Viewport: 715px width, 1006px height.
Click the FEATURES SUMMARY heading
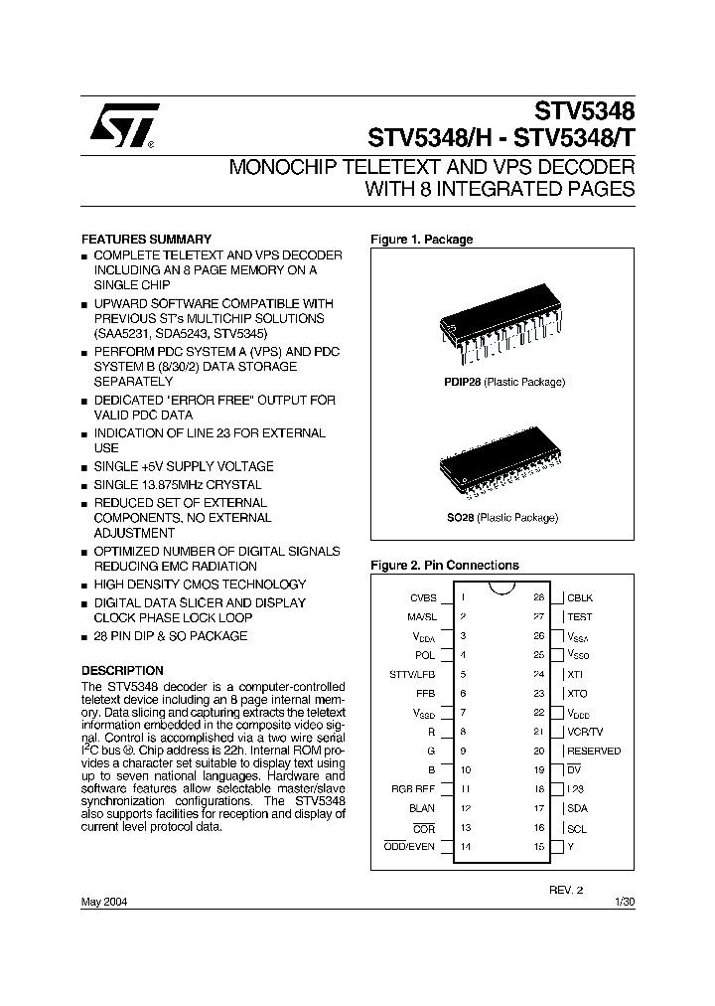point(145,240)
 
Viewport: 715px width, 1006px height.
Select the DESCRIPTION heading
point(122,671)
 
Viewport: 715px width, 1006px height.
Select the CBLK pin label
point(580,598)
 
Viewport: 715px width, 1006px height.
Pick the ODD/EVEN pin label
point(410,846)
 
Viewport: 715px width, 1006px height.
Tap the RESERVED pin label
point(594,752)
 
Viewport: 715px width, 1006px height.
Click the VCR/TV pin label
point(585,732)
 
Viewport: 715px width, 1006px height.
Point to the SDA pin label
point(577,808)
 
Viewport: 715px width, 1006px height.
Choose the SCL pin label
point(576,827)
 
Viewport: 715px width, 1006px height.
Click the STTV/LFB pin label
point(413,675)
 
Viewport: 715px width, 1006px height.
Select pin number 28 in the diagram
point(539,598)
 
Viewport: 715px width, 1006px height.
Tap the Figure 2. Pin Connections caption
point(444,566)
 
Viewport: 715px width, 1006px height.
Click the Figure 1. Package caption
point(421,240)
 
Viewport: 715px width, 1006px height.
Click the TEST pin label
point(580,617)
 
